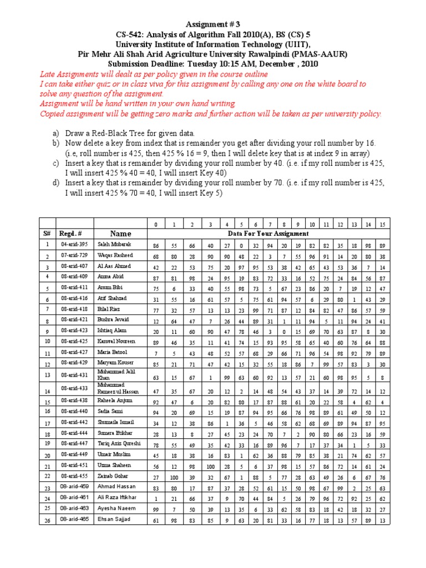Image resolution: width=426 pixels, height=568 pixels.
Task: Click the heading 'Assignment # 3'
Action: click(x=213, y=26)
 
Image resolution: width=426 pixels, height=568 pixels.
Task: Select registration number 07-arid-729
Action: click(x=73, y=255)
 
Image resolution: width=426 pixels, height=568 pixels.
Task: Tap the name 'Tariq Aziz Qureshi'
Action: click(x=119, y=444)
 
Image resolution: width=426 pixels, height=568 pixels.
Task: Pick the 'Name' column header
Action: click(x=120, y=234)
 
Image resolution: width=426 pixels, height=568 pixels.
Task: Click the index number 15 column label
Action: click(x=382, y=224)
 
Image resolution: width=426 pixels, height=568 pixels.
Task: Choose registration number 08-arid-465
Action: click(x=73, y=519)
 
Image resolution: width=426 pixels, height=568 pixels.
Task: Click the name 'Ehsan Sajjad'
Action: click(x=114, y=519)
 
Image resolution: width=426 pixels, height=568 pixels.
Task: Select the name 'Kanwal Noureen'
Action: click(x=116, y=342)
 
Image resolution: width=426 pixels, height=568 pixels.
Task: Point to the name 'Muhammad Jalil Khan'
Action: click(x=116, y=374)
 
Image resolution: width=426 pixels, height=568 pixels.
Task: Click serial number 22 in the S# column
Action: click(x=48, y=476)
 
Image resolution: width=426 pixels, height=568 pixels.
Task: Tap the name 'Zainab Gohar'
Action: click(x=113, y=476)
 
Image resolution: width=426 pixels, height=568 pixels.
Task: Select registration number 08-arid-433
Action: click(x=73, y=388)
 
